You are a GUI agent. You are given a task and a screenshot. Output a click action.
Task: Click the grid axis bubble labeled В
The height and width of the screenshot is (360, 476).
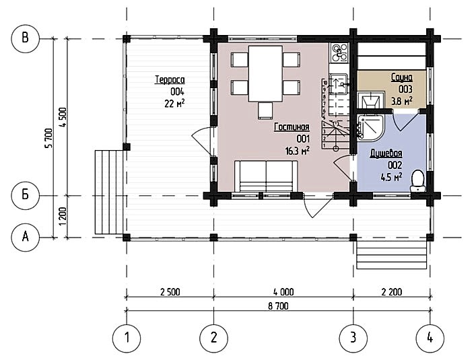click(25, 38)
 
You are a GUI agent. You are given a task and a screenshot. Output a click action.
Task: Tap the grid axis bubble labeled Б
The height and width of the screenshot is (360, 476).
click(25, 195)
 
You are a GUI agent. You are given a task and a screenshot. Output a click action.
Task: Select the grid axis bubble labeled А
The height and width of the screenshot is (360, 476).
click(25, 237)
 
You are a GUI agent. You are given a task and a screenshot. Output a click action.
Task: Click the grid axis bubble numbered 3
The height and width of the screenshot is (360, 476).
click(353, 338)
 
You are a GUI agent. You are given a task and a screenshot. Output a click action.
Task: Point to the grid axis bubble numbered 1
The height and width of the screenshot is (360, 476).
click(127, 338)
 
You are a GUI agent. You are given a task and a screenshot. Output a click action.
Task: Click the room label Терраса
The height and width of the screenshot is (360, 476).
click(170, 80)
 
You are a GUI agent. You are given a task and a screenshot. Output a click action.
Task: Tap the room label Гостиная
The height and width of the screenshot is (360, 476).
click(292, 127)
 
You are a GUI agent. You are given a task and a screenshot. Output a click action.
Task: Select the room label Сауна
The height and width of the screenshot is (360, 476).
click(402, 77)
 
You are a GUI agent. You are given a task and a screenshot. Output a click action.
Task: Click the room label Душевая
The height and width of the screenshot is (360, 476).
click(386, 153)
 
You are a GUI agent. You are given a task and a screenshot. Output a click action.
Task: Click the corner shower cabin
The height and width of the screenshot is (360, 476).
click(370, 127)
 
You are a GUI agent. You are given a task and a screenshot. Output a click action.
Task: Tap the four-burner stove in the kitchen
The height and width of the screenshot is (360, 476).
click(339, 52)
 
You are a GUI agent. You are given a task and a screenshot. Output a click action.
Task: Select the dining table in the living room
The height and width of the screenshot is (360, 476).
click(266, 73)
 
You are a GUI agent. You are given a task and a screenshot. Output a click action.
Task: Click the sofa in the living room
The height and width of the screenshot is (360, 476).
click(266, 176)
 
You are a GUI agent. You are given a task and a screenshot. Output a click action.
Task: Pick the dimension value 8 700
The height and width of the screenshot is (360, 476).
click(278, 306)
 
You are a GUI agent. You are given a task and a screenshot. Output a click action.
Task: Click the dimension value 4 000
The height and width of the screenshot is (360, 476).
click(283, 292)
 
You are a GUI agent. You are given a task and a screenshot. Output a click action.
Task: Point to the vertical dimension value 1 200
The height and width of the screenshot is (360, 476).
click(63, 216)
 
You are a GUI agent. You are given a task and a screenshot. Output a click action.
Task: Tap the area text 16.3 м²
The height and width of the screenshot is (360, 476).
click(297, 150)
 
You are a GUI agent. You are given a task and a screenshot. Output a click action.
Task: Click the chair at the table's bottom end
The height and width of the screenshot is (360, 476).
click(265, 110)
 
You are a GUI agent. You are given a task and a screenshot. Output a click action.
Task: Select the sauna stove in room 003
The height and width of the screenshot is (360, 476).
click(368, 100)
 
